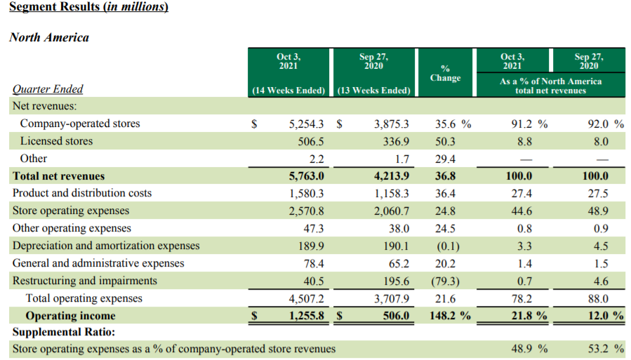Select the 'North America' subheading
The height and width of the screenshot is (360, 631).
pos(49,37)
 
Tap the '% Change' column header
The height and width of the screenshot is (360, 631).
pos(445,73)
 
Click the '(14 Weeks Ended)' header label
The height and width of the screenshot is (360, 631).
pos(288,90)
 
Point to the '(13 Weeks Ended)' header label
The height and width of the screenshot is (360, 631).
pos(373,90)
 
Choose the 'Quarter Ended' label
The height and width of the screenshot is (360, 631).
pos(48,89)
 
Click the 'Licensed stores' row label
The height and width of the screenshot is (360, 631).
pos(56,141)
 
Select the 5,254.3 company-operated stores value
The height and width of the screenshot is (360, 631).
pos(306,124)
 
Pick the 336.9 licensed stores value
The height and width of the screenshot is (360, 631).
pos(393,141)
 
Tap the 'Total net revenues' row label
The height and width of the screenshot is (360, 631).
pos(58,176)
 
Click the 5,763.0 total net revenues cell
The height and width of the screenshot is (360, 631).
pos(306,176)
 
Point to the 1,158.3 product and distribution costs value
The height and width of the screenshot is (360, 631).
pos(391,193)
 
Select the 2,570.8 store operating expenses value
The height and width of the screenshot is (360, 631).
pos(306,211)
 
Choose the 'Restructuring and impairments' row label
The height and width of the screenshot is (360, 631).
pos(85,281)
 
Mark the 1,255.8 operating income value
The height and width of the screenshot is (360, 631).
pos(306,316)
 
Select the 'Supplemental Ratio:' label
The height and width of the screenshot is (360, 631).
pos(63,331)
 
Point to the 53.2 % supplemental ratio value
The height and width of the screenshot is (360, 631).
pos(605,349)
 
